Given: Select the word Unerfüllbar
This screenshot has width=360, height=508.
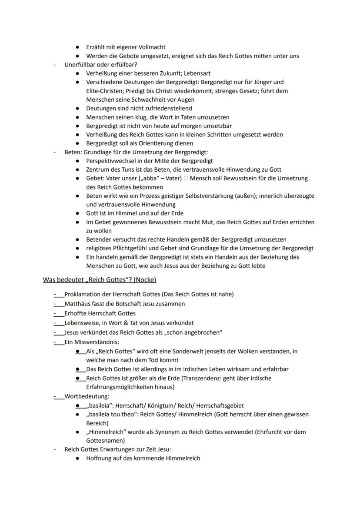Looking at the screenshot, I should point(80,65).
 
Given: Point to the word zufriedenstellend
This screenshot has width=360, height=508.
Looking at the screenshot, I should point(167,108).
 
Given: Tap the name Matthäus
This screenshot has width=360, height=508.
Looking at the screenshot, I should point(78,304).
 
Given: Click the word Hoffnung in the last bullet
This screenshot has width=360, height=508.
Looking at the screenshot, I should point(100,458).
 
